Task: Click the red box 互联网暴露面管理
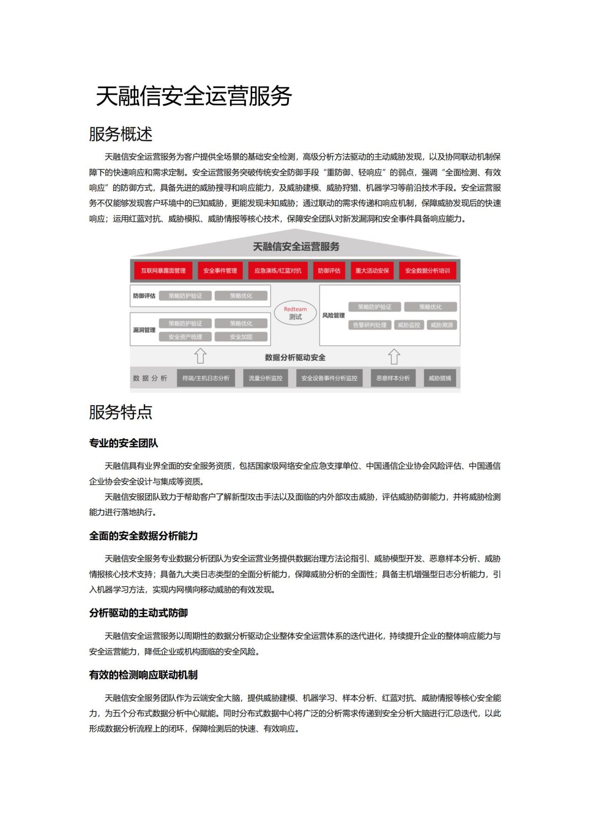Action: click(163, 270)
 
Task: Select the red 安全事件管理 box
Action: click(220, 270)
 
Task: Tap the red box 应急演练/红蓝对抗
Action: click(278, 270)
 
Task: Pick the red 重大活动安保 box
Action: click(372, 270)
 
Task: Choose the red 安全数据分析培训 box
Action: click(427, 270)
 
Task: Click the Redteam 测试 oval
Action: click(295, 313)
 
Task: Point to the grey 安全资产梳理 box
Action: click(185, 337)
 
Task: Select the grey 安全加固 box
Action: click(241, 337)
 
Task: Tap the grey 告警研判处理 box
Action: click(370, 325)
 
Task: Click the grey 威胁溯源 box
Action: click(442, 325)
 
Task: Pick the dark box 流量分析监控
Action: click(265, 378)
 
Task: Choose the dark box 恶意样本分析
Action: click(393, 378)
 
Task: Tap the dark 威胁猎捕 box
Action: click(440, 378)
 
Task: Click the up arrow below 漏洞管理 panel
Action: click(200, 356)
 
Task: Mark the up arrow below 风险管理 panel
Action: click(394, 356)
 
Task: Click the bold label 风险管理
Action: click(333, 315)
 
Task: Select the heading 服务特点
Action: click(121, 412)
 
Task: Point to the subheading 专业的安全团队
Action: click(124, 443)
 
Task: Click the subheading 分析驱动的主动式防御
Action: click(138, 613)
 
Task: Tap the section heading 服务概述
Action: click(121, 134)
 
